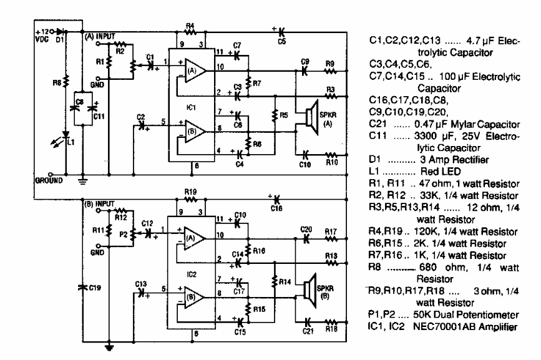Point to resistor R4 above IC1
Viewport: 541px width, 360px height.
click(x=190, y=32)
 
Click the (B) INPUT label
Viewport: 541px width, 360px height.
click(x=100, y=203)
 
